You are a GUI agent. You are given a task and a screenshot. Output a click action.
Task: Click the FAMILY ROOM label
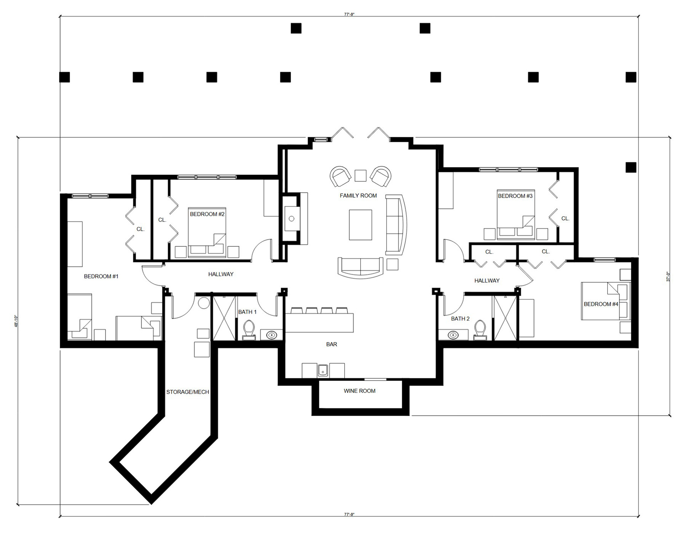tap(358, 196)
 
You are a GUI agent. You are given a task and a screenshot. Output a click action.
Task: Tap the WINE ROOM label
tap(359, 391)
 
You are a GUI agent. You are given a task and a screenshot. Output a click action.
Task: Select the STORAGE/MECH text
tap(187, 392)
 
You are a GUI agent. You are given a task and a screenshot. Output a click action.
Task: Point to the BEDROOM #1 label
tap(101, 277)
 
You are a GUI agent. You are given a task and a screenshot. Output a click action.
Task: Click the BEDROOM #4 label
tap(601, 304)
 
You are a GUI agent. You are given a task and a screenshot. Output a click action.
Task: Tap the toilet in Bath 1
tap(249, 329)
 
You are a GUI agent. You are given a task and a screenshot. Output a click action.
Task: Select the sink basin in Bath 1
tap(271, 335)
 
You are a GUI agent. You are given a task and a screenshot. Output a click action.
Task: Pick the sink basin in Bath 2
tap(453, 335)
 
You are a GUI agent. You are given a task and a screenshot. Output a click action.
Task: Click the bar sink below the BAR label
tap(323, 370)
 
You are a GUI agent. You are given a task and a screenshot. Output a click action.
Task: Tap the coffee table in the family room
tap(360, 225)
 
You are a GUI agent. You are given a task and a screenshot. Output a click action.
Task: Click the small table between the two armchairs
tap(360, 175)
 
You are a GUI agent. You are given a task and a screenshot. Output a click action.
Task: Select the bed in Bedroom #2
tap(207, 233)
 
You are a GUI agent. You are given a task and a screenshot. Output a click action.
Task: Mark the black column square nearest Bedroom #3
tap(631, 167)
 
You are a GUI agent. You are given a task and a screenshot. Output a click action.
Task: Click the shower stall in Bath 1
tap(224, 318)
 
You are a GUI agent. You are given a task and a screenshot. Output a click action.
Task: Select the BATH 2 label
tap(460, 319)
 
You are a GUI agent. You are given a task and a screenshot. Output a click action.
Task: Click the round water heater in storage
tap(204, 303)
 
